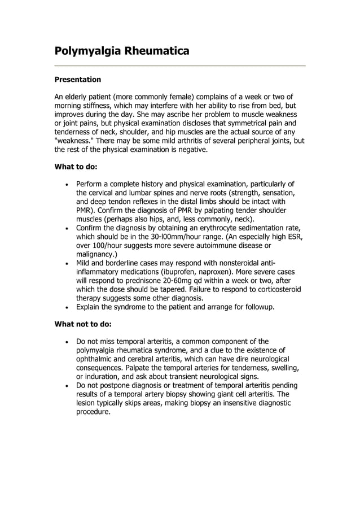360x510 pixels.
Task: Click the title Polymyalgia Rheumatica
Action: [x=121, y=51]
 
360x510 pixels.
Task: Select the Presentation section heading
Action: [x=77, y=80]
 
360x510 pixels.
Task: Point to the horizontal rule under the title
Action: [x=179, y=66]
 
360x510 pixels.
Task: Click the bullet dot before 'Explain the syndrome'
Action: [x=68, y=307]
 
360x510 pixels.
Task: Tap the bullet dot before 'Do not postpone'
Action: [x=68, y=386]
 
